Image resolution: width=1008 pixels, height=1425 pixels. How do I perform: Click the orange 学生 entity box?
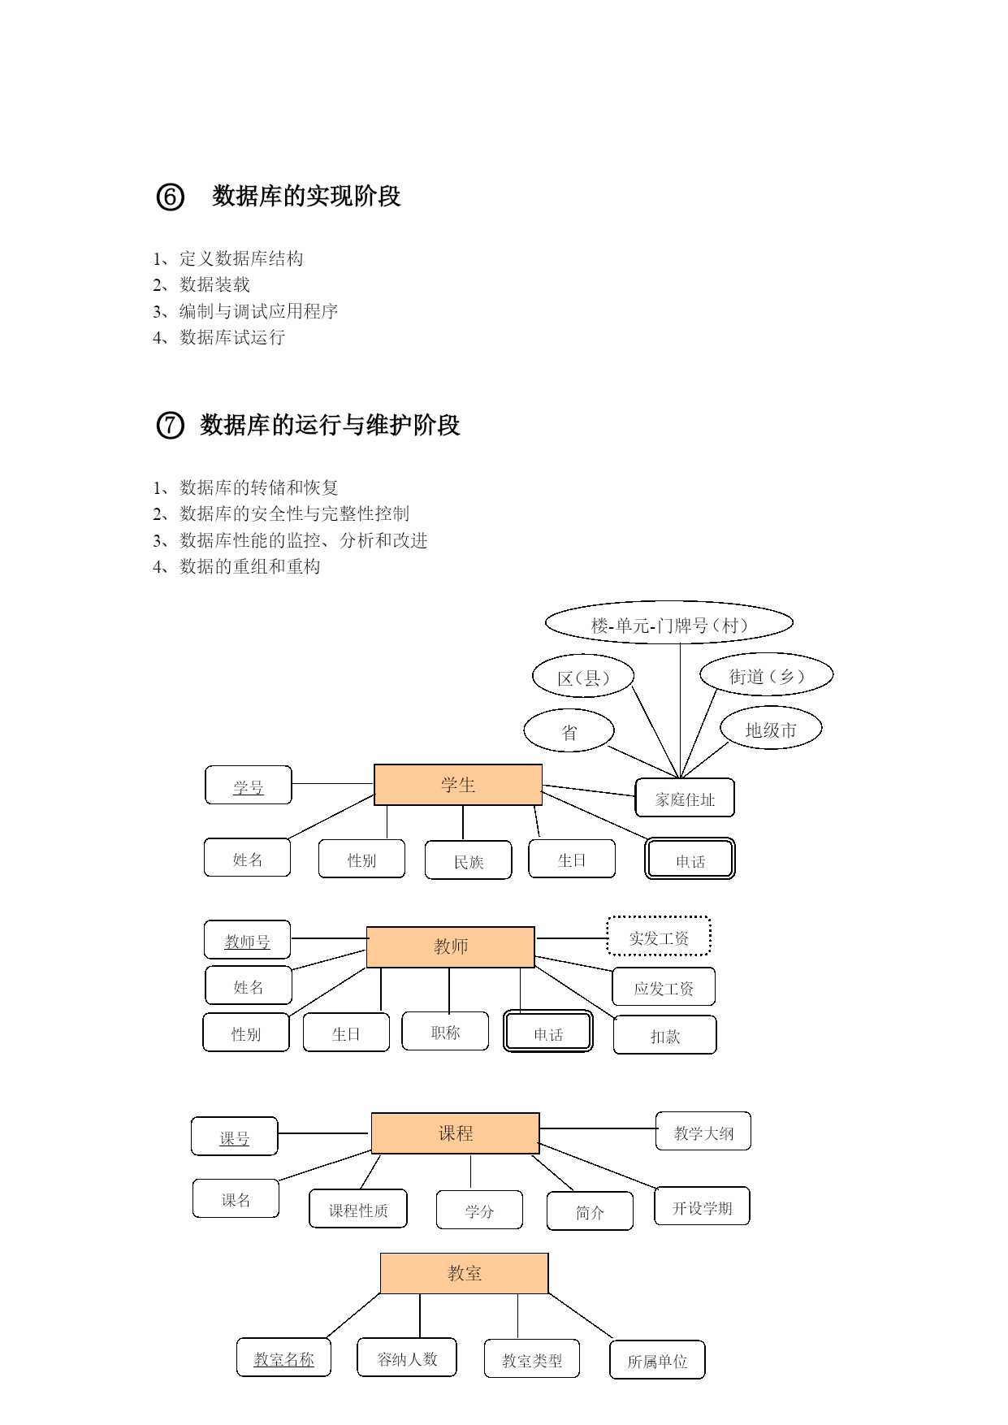pos(457,785)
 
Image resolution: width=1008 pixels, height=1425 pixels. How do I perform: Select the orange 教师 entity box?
pos(450,946)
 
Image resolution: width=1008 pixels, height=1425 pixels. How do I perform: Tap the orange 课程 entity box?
pos(455,1133)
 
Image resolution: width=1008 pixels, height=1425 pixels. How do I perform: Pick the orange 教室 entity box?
pos(464,1273)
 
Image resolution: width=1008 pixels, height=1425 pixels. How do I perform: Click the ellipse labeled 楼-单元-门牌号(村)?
pos(668,624)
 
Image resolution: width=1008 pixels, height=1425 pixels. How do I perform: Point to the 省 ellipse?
pos(569,731)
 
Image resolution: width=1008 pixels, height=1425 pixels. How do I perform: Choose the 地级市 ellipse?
pos(771,729)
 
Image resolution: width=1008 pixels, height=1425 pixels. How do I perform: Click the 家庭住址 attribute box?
pos(685,798)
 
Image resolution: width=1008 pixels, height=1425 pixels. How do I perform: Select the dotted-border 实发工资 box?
pos(659,937)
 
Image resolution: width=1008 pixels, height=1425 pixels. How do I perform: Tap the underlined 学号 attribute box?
pos(248,785)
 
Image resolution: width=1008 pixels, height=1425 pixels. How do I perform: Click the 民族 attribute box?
pos(469,860)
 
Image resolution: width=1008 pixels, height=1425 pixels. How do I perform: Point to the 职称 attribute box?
pos(445,1031)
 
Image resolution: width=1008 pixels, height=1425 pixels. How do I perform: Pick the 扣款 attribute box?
pos(664,1035)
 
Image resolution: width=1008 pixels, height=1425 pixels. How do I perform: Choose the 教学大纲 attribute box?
pos(703,1132)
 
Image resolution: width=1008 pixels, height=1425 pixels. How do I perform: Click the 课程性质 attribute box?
pos(358,1209)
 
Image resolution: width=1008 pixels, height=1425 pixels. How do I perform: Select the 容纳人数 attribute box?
pos(407,1358)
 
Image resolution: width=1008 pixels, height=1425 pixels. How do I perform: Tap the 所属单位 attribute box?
pos(657,1360)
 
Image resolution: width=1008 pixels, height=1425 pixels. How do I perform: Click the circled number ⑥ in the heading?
pos(170,197)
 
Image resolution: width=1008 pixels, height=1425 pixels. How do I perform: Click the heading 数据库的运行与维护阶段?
pos(330,425)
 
